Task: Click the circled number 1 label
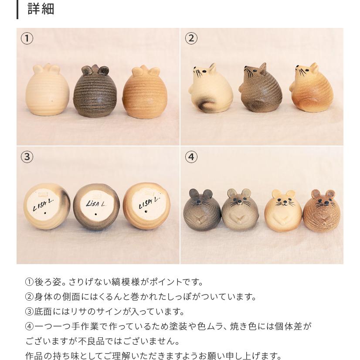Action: point(27,38)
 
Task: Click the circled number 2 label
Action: point(191,38)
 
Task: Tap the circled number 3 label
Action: point(27,156)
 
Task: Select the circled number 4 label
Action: point(191,156)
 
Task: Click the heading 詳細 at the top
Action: point(41,9)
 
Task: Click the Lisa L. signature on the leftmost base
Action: point(43,205)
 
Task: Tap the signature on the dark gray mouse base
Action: point(95,203)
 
